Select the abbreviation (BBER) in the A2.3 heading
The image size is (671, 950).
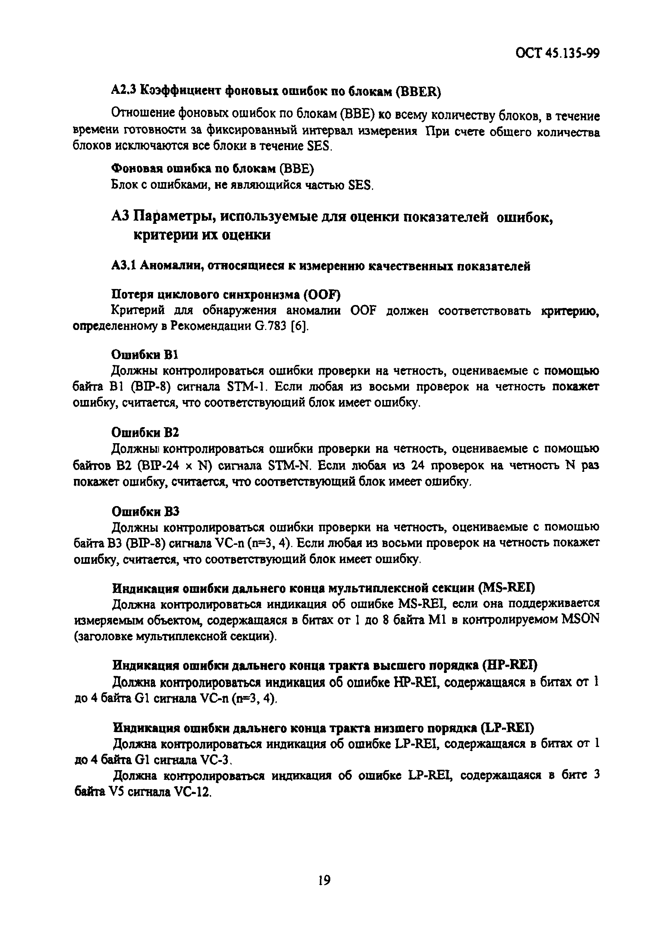[418, 92]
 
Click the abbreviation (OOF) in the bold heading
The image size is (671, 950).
[322, 295]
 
